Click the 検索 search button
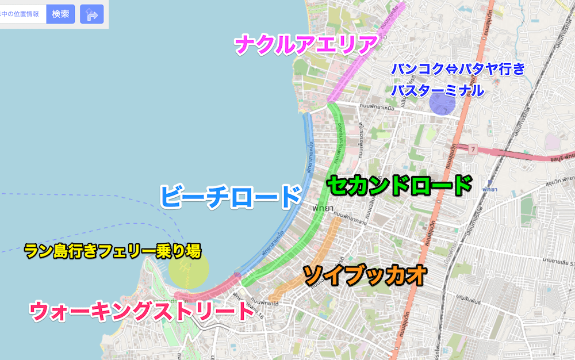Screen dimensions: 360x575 60,14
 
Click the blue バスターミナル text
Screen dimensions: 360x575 438,90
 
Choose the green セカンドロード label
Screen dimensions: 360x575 399,186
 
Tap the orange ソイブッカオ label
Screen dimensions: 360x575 365,275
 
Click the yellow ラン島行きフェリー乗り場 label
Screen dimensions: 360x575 113,251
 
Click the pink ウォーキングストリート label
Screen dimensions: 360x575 141,311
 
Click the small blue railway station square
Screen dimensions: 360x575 488,179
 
